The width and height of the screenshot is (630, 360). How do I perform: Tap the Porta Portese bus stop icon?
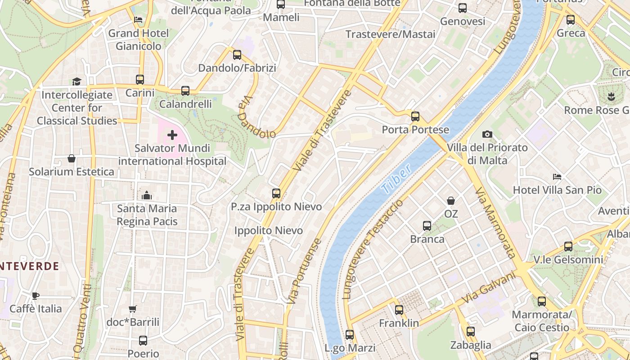415,117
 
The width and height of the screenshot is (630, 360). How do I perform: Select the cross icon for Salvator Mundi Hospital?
172,135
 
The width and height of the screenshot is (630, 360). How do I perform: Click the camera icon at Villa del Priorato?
487,134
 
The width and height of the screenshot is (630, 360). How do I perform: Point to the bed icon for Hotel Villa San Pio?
557,177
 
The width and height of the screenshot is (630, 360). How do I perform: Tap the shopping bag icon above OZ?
450,201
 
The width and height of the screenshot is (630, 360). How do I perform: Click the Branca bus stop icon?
427,225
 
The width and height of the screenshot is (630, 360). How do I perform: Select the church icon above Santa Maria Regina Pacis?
147,195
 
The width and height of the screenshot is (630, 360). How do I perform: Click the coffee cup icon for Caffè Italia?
36,296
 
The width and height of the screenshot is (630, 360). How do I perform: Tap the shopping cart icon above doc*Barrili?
132,309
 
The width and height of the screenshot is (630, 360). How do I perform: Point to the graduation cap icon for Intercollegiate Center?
76,81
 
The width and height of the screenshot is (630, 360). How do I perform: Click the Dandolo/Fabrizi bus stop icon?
237,55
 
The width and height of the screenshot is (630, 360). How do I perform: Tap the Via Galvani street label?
489,288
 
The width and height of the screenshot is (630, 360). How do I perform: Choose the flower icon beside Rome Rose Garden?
611,96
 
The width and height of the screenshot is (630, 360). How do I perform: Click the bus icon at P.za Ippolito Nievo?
276,193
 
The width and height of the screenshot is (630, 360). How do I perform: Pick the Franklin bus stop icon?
399,310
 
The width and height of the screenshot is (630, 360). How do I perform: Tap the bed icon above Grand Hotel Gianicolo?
138,20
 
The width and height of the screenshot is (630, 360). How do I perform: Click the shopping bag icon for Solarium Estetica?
71,158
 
